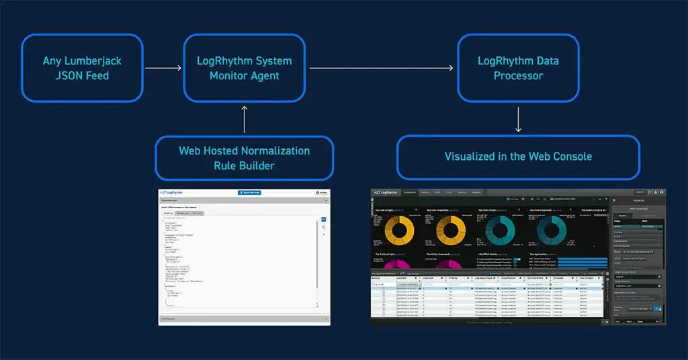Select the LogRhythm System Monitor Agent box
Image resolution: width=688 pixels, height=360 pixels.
244,69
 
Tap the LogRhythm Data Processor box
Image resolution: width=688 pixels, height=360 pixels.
518,69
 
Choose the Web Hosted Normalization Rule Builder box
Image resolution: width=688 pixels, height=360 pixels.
244,158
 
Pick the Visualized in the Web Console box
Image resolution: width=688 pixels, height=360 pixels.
518,156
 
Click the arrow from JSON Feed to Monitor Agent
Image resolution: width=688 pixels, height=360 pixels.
164,68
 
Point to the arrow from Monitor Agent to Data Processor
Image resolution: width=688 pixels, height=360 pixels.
382,68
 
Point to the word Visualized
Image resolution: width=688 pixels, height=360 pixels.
472,156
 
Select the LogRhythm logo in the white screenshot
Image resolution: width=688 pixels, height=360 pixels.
173,193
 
